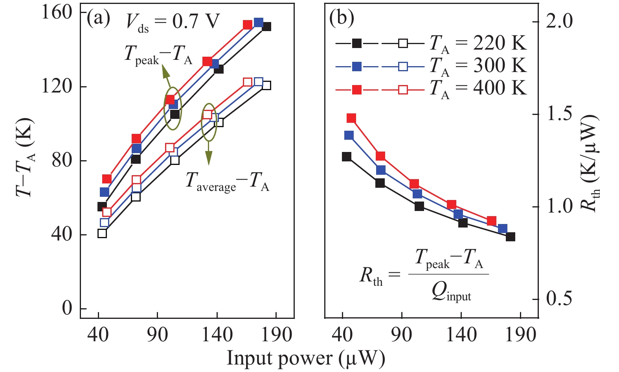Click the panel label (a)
(98, 19)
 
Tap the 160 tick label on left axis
(57, 13)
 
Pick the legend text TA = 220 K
(478, 43)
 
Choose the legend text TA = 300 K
(478, 66)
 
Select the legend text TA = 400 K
(478, 89)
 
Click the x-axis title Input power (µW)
(306, 359)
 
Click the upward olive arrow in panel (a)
(167, 77)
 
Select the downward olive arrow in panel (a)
(209, 154)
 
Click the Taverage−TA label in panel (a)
(227, 181)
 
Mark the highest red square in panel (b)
(351, 118)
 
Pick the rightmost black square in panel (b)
(510, 237)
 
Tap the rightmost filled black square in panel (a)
(266, 26)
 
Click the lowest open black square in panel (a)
(102, 233)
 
